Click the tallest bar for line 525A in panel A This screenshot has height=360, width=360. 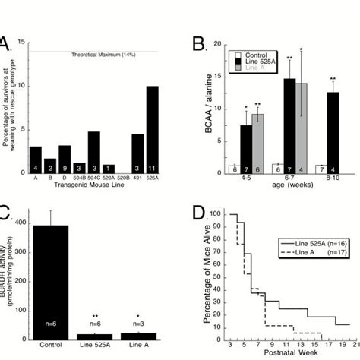(x=153, y=129)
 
